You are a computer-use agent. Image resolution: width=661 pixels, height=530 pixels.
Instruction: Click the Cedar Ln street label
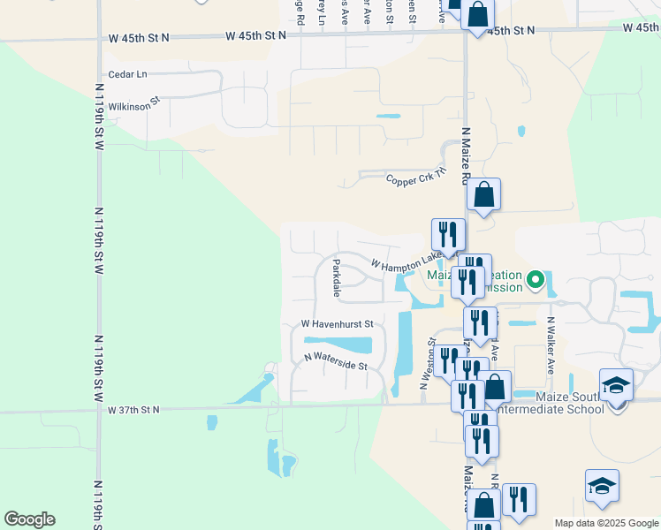coord(127,75)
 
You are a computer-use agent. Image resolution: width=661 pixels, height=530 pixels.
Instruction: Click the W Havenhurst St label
coord(338,324)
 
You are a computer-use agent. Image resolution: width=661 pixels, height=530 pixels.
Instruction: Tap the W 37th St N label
coord(133,410)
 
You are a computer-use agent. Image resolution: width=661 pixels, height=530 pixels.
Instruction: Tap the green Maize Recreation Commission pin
coord(535,281)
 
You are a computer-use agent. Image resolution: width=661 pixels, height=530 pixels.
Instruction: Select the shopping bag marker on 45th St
coord(477,15)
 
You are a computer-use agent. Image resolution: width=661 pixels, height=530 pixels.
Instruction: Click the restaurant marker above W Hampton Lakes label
coord(447,234)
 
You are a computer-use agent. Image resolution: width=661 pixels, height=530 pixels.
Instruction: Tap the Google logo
coord(29,519)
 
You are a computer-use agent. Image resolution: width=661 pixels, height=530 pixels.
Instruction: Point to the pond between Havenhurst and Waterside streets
coord(338,343)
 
